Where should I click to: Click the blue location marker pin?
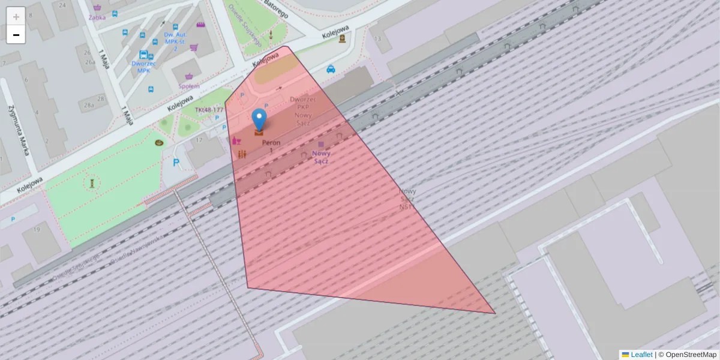259,119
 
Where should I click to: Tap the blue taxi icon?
331,69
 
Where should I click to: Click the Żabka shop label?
97,17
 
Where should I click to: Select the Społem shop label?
189,86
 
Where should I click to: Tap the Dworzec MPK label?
143,67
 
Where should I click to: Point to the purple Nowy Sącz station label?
321,157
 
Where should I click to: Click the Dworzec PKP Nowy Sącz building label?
303,110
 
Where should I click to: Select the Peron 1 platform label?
271,146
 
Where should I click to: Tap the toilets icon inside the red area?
242,154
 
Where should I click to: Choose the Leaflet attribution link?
641,355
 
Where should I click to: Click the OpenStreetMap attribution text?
691,355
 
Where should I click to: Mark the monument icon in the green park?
92,182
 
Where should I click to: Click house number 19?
37,229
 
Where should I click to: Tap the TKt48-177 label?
209,110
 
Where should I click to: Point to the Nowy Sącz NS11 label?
407,199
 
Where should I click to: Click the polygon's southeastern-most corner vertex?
495,313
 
